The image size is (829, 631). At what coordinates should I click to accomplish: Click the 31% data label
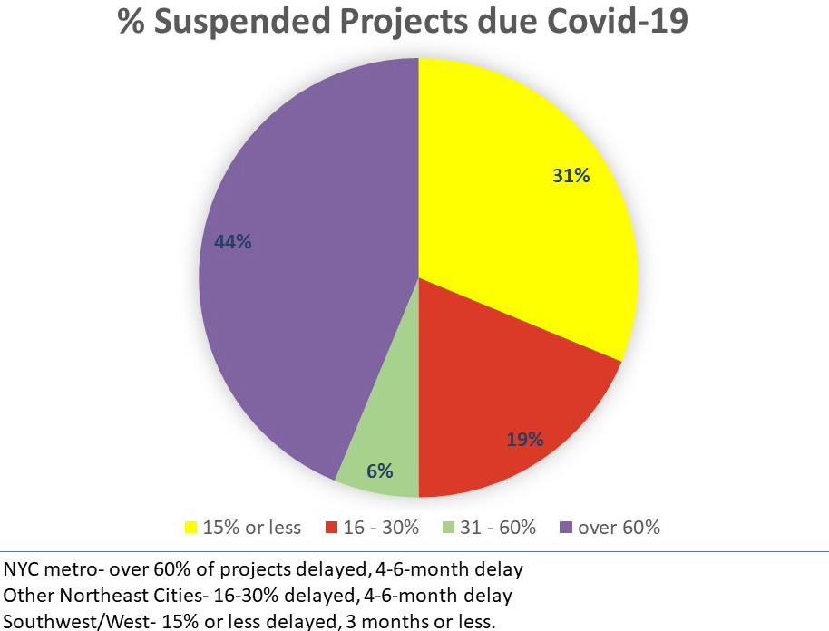[571, 176]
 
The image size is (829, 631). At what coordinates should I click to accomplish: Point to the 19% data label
[524, 440]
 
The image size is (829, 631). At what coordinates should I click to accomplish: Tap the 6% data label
[379, 471]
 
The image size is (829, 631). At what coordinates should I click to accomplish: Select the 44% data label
[232, 242]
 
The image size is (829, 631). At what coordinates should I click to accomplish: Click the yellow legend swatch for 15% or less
[191, 528]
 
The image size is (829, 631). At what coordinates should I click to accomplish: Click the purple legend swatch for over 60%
[566, 528]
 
